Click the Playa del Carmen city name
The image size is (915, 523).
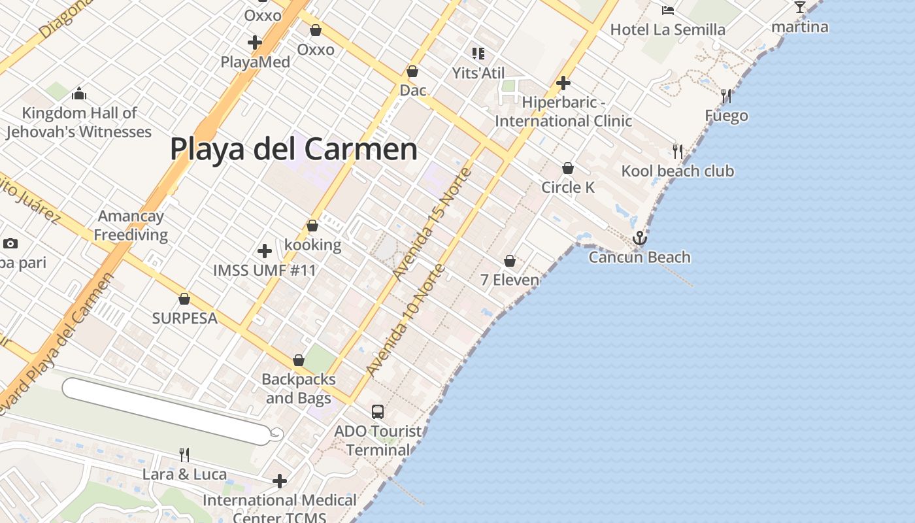click(293, 149)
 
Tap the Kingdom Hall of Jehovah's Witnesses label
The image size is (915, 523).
click(79, 122)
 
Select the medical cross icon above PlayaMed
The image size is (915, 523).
click(255, 43)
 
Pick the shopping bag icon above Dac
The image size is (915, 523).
click(412, 71)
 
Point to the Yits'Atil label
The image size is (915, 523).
click(478, 73)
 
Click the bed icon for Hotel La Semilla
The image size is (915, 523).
click(668, 10)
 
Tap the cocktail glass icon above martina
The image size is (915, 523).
click(800, 7)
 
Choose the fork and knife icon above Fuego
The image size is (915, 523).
click(726, 96)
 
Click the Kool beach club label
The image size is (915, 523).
click(678, 171)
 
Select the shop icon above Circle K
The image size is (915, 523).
click(568, 169)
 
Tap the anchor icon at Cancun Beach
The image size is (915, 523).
click(640, 238)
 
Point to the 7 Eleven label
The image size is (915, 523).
click(510, 280)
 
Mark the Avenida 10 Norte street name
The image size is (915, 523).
click(407, 320)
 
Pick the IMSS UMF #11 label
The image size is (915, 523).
click(265, 270)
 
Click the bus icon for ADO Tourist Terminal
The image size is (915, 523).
click(378, 412)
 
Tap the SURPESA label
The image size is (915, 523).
click(184, 318)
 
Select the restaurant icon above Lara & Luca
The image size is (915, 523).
click(184, 454)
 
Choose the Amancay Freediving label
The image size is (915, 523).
click(131, 226)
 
